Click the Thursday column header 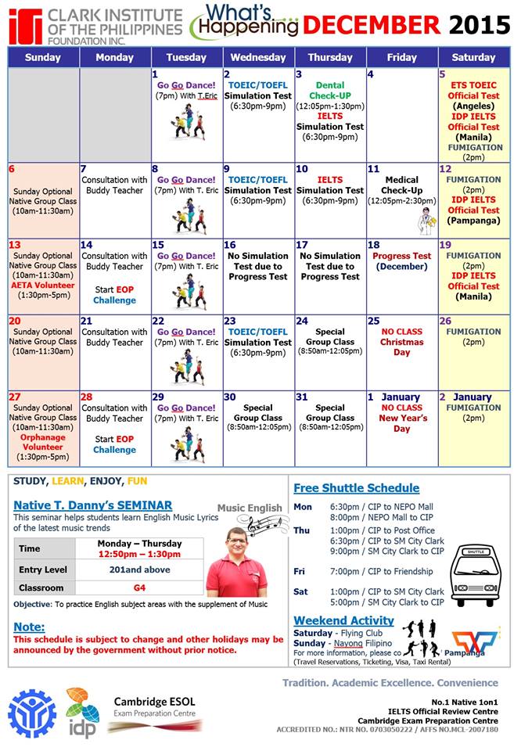click(x=330, y=57)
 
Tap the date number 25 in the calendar click(x=373, y=321)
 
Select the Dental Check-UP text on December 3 click(x=330, y=91)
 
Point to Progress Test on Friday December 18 click(x=402, y=256)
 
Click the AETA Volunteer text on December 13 click(x=43, y=286)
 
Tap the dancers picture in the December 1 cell click(x=188, y=123)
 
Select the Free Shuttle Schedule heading click(x=362, y=488)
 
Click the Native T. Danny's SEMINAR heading click(x=93, y=505)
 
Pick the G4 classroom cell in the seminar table click(x=140, y=588)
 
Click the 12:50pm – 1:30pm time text click(x=140, y=554)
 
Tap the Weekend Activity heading click(x=343, y=621)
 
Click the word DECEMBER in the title click(x=372, y=26)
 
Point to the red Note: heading click(x=29, y=627)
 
